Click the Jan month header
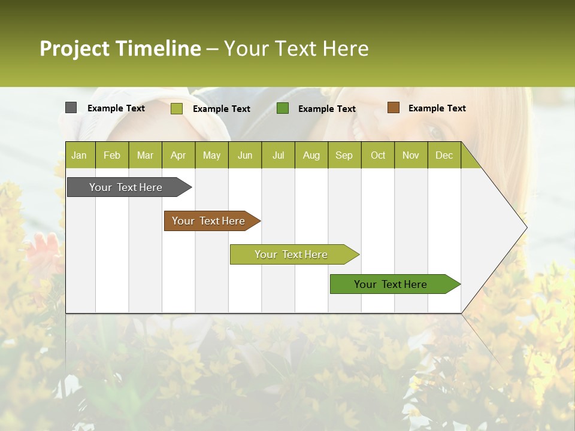point(79,155)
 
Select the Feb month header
point(112,155)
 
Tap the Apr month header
point(178,155)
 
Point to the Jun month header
point(245,155)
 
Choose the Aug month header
point(311,155)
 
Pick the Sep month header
point(344,155)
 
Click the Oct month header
point(378,155)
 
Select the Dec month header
point(444,155)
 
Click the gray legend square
point(71,108)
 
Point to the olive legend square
point(177,108)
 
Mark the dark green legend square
point(283,108)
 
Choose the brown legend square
point(393,108)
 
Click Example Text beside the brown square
point(437,108)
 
